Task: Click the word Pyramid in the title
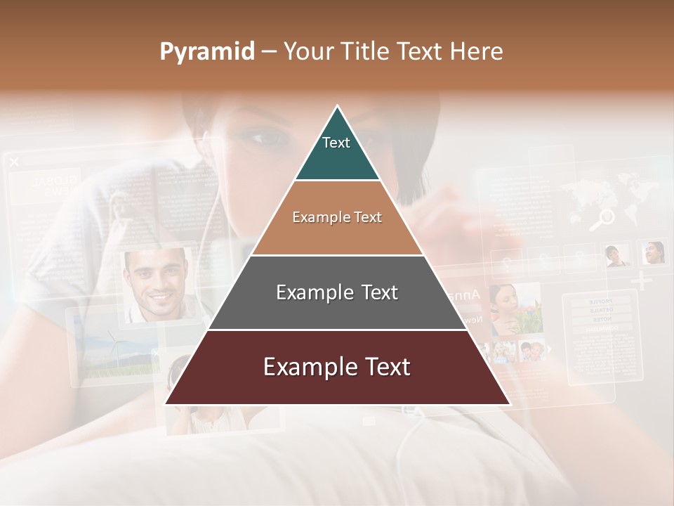[206, 52]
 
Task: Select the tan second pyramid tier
[337, 218]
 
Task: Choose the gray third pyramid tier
[337, 293]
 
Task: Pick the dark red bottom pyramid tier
[337, 368]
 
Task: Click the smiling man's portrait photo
[157, 284]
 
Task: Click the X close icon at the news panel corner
[14, 162]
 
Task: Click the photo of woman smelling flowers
[516, 309]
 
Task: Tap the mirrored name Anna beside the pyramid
[464, 294]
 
